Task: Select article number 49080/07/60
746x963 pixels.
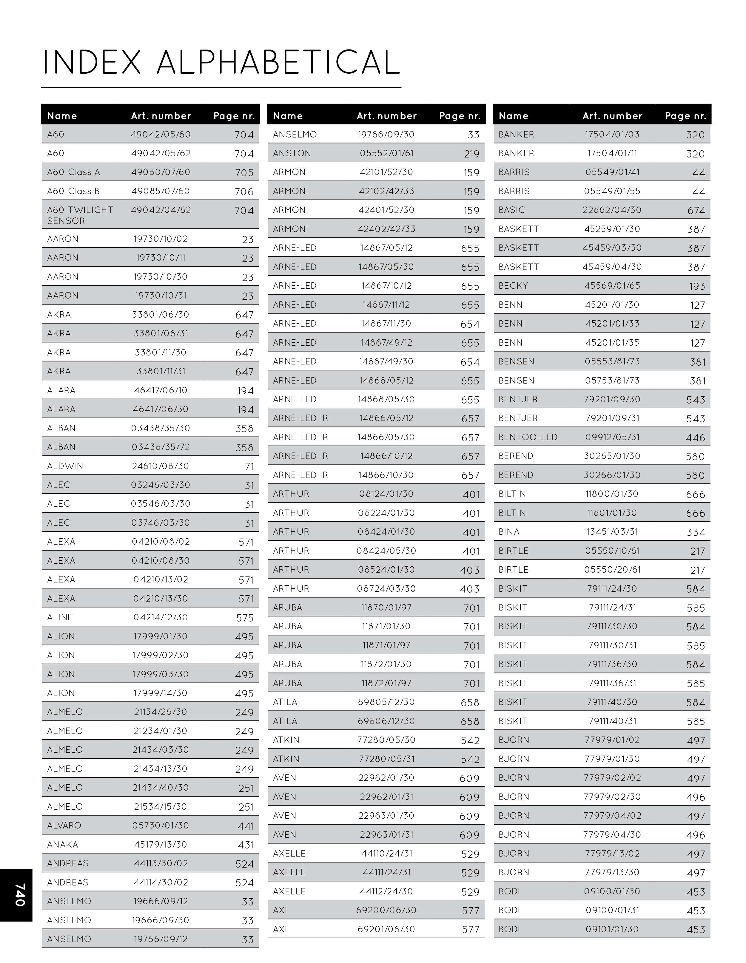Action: coord(161,172)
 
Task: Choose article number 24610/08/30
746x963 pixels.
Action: coord(161,466)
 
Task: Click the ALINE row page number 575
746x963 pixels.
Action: coord(245,618)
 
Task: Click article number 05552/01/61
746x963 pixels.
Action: coord(386,154)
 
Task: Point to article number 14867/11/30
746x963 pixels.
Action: coord(386,324)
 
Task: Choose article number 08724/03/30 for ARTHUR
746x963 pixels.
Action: coord(386,589)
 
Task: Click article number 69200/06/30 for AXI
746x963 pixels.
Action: coord(386,910)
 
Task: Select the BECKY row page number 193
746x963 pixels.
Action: coord(697,286)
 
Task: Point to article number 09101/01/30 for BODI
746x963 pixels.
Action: coord(612,929)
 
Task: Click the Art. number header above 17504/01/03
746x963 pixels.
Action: coord(612,116)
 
